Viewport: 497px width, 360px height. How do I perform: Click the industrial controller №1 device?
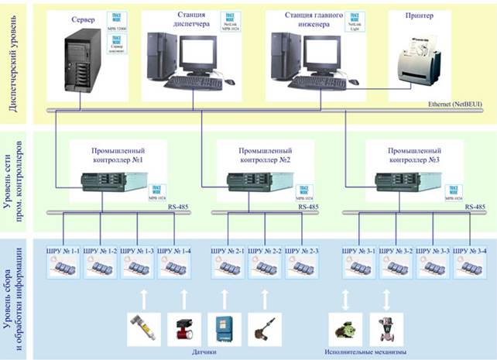[x=108, y=183]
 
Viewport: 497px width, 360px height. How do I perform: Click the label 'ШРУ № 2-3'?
[x=303, y=251]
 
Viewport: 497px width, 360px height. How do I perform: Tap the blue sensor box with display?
[x=225, y=327]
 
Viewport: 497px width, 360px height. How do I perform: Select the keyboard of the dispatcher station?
[x=194, y=81]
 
